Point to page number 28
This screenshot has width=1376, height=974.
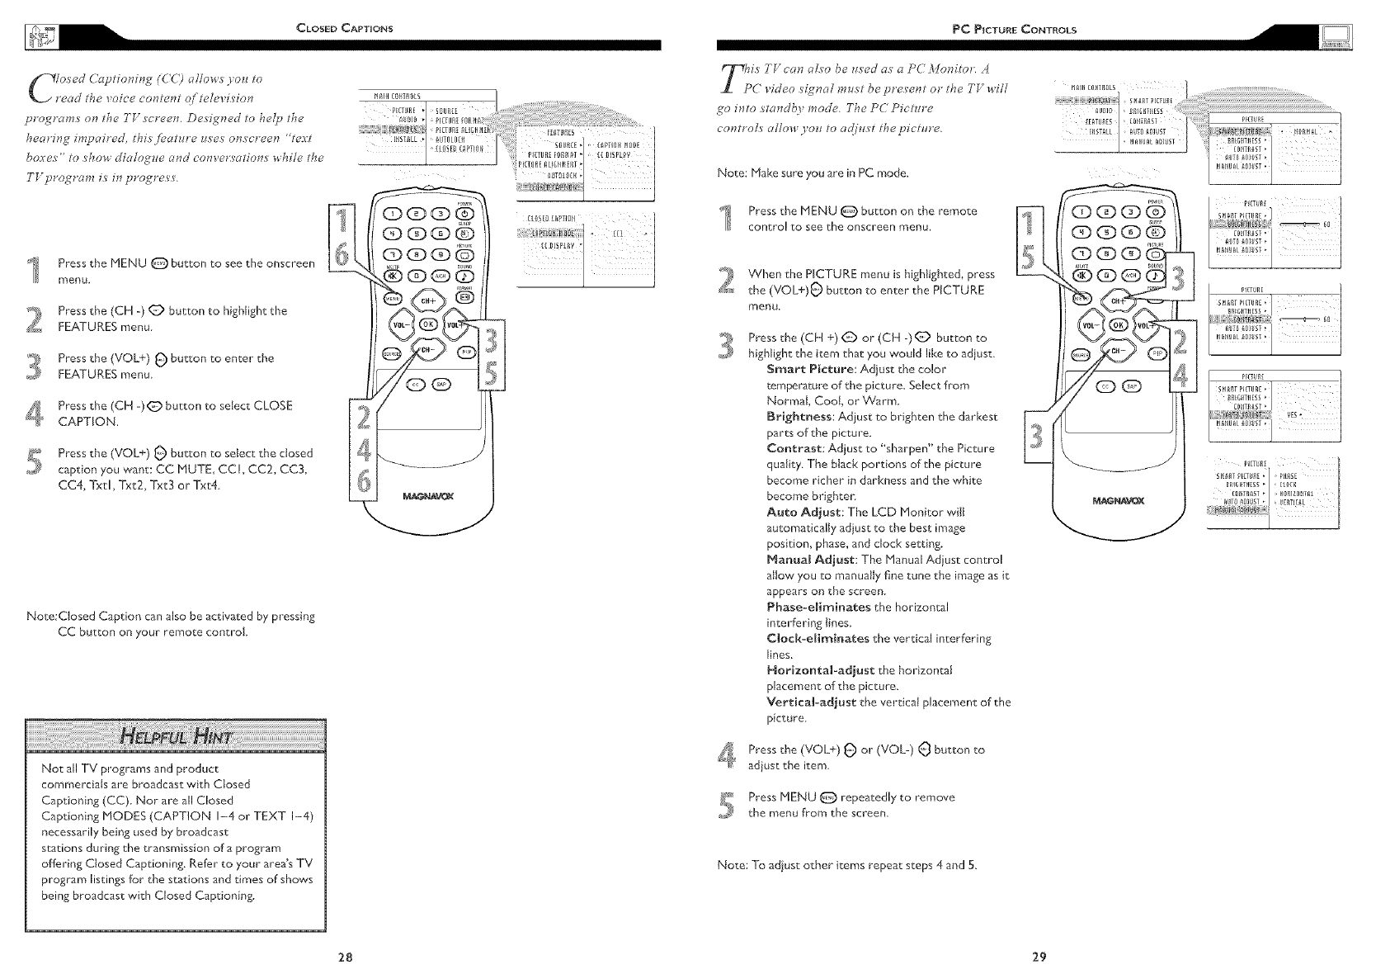(346, 957)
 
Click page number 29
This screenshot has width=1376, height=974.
(1039, 957)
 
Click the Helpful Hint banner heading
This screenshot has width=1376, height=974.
(177, 736)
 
